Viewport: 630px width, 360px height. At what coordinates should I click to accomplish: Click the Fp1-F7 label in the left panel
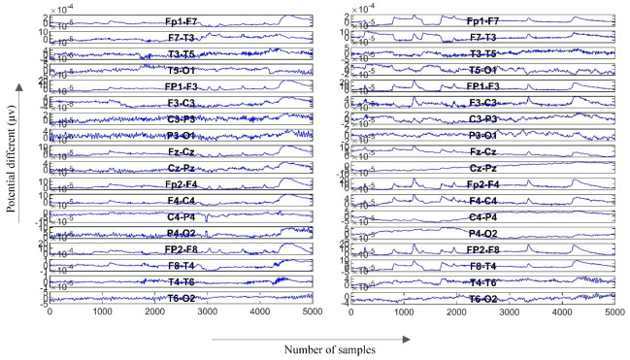pyautogui.click(x=182, y=20)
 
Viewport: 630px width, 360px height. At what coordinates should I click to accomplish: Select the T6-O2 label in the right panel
pyautogui.click(x=484, y=299)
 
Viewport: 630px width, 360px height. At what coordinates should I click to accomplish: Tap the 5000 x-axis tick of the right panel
pyautogui.click(x=614, y=313)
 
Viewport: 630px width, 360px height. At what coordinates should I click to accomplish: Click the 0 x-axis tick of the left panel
pyautogui.click(x=50, y=313)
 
